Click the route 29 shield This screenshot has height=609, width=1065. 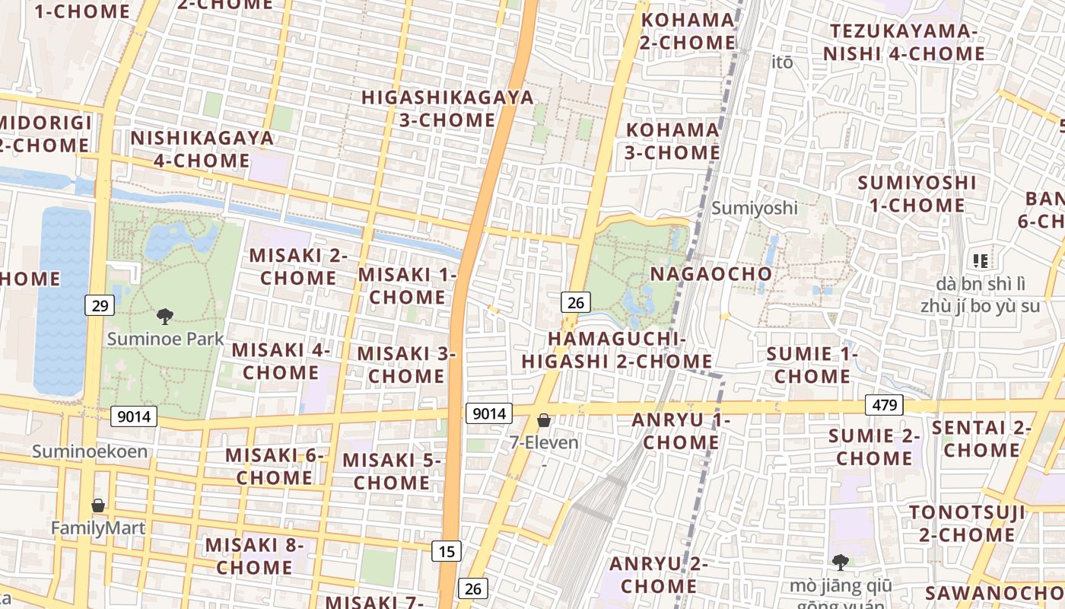click(x=100, y=306)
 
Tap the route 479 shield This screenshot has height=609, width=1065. click(x=884, y=405)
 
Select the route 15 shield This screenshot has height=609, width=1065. click(x=447, y=550)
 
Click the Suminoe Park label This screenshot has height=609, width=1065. click(x=165, y=339)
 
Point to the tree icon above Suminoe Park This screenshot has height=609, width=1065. click(x=164, y=316)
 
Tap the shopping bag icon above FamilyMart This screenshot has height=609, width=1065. click(x=98, y=505)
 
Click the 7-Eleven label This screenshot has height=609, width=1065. click(x=544, y=442)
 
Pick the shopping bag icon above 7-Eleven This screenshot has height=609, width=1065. click(x=544, y=420)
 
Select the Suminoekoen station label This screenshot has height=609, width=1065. click(x=90, y=451)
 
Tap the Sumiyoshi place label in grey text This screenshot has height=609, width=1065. click(x=754, y=208)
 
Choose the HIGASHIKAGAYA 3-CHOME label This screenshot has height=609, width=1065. click(x=447, y=109)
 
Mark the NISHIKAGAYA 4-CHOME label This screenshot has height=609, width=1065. click(x=202, y=149)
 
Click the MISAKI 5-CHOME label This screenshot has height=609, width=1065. click(x=392, y=471)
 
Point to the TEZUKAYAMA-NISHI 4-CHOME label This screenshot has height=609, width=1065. click(x=904, y=43)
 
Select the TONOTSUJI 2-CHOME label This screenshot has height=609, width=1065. click(x=967, y=523)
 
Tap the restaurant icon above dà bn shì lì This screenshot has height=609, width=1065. click(x=981, y=261)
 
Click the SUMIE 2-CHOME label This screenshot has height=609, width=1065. click(x=874, y=447)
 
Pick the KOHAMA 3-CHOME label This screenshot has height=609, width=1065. click(x=672, y=141)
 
